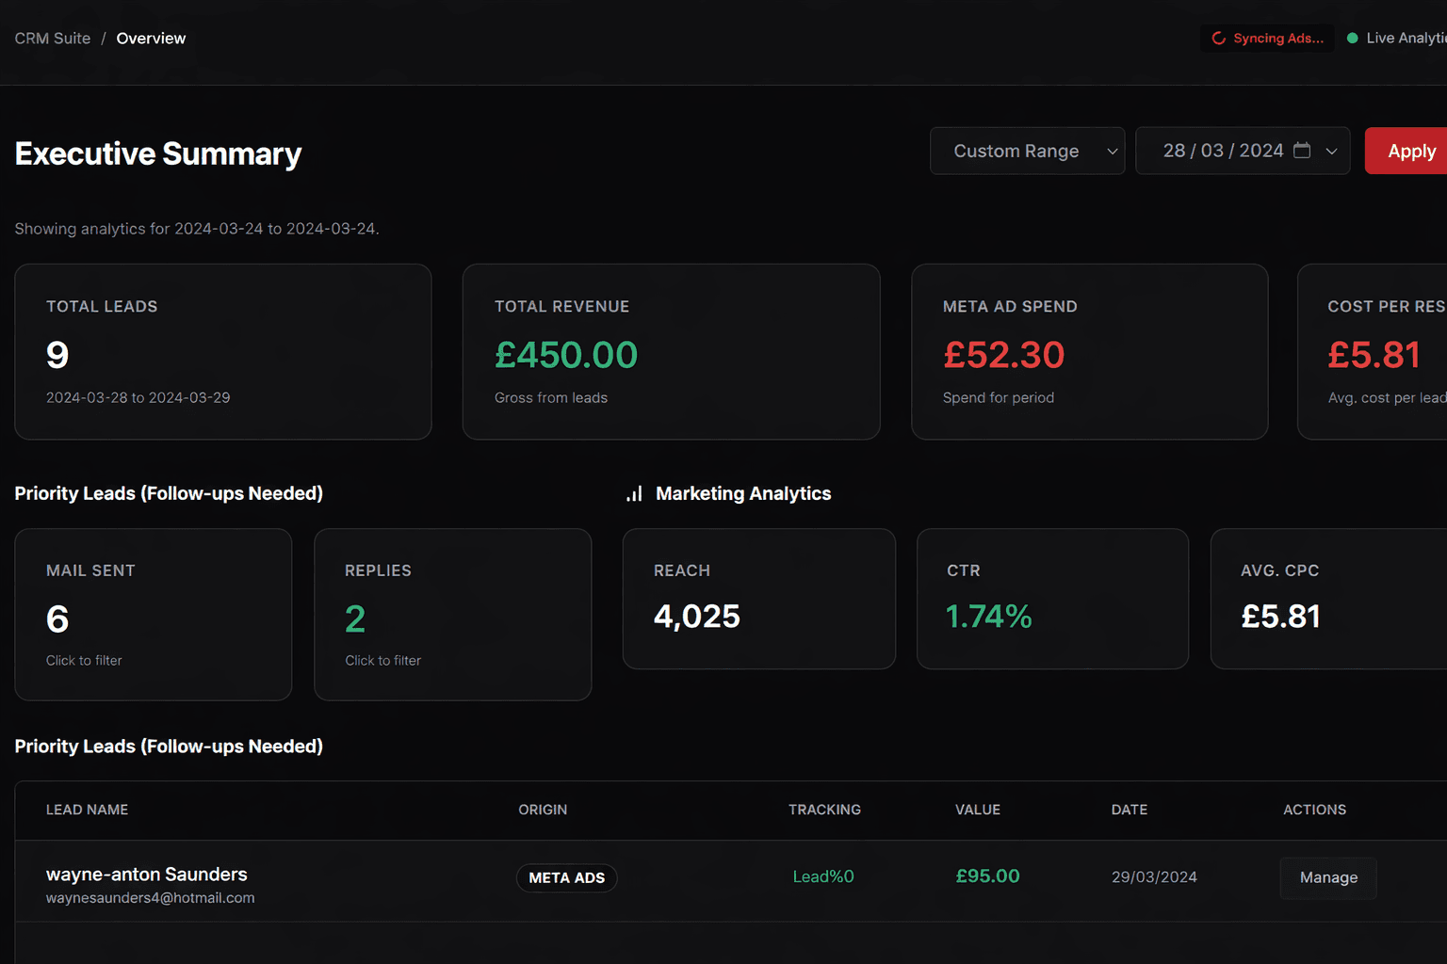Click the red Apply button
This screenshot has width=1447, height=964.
[x=1409, y=151]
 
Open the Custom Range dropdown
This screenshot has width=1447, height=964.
[x=1027, y=151]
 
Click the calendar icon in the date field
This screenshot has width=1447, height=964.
[x=1302, y=151]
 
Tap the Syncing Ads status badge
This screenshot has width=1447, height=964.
[x=1268, y=39]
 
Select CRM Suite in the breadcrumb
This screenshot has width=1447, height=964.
[x=53, y=39]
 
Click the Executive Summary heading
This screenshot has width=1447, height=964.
[x=158, y=153]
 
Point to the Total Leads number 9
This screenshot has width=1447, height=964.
[x=57, y=355]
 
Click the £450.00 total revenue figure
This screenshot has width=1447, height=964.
[x=566, y=355]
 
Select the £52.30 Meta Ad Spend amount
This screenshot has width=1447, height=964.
[x=1003, y=355]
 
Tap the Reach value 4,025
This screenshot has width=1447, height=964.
[x=697, y=617]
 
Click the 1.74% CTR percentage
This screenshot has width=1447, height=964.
[x=988, y=617]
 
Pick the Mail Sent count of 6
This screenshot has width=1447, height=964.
[x=57, y=619]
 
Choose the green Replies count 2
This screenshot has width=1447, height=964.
[x=355, y=619]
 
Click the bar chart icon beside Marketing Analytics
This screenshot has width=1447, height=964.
[x=634, y=493]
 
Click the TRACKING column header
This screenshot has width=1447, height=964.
[x=824, y=810]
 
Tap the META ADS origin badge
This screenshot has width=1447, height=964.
[x=566, y=877]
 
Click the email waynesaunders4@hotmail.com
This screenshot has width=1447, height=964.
[x=151, y=898]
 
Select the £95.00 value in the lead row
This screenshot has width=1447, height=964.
[x=987, y=876]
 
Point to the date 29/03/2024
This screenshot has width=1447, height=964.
[x=1154, y=877]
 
